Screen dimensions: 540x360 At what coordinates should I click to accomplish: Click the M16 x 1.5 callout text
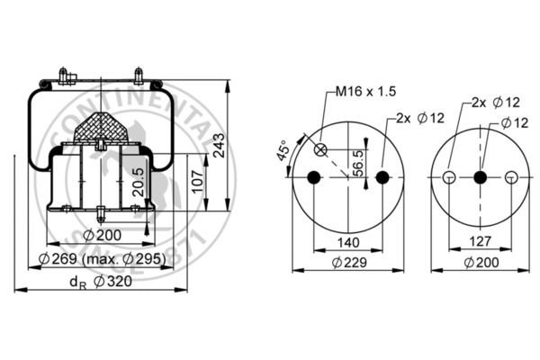tap(365, 91)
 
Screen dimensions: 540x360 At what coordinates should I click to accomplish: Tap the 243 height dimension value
tap(219, 145)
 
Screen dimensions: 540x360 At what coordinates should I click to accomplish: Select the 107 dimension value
tap(198, 181)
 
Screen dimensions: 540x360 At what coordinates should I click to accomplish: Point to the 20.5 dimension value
tap(139, 182)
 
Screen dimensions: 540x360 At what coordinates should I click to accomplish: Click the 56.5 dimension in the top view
tap(358, 163)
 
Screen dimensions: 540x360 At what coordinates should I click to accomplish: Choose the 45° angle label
tap(283, 150)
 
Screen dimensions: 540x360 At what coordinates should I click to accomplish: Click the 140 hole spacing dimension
tap(348, 242)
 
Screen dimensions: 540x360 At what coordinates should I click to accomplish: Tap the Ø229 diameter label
tap(349, 263)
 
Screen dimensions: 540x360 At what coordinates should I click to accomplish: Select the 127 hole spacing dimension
tap(481, 241)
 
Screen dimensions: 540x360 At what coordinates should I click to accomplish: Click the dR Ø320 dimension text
tap(101, 282)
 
